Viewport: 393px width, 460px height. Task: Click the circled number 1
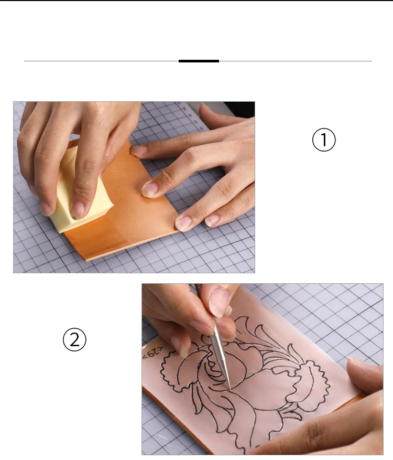coord(323,140)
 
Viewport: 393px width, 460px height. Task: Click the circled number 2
coord(74,339)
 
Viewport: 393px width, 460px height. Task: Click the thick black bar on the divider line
coord(199,61)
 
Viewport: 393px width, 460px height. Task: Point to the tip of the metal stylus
coord(230,390)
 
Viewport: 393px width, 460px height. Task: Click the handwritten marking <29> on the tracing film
coord(152,352)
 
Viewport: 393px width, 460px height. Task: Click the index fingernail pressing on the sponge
coord(78,211)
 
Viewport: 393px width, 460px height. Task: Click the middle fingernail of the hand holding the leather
coord(150,189)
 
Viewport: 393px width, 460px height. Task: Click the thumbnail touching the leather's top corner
coord(139,151)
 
